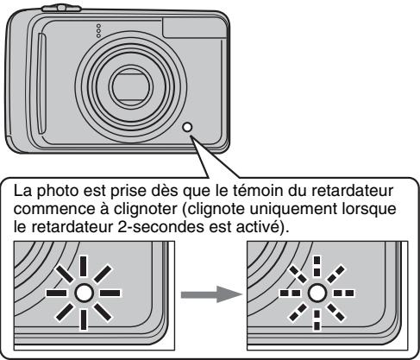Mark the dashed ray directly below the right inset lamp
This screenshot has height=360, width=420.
pyautogui.click(x=317, y=321)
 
